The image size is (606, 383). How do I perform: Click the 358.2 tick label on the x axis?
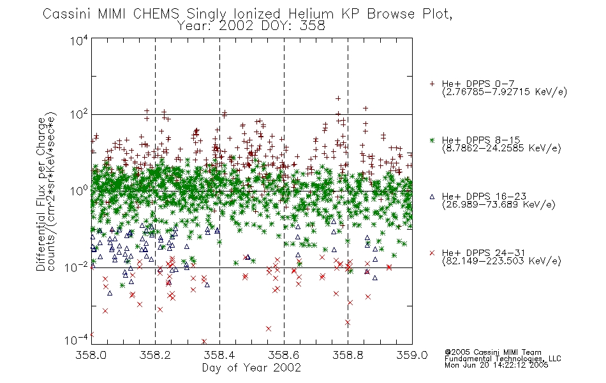coord(155,355)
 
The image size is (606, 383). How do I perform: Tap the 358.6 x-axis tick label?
coord(284,355)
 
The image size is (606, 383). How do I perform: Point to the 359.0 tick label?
coord(412,355)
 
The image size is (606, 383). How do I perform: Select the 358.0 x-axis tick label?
coord(91,355)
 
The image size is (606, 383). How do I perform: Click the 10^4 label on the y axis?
coord(79,40)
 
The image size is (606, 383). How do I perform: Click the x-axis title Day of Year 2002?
coord(251,368)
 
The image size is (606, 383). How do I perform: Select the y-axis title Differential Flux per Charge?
coord(41,193)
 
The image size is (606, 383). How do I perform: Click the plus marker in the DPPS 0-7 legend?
coord(432,84)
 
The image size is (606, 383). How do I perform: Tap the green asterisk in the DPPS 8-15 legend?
coord(432,140)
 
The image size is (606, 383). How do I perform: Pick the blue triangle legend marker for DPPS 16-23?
coord(432,197)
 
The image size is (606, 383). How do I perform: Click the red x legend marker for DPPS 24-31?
coord(432,253)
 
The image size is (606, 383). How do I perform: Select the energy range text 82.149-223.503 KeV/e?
coord(501,261)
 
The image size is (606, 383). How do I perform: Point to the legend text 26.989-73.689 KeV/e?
coord(499,205)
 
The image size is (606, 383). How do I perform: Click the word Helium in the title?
coord(311,14)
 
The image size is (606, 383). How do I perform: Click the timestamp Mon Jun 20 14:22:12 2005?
coord(496,365)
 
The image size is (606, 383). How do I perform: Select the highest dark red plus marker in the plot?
coord(338,98)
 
